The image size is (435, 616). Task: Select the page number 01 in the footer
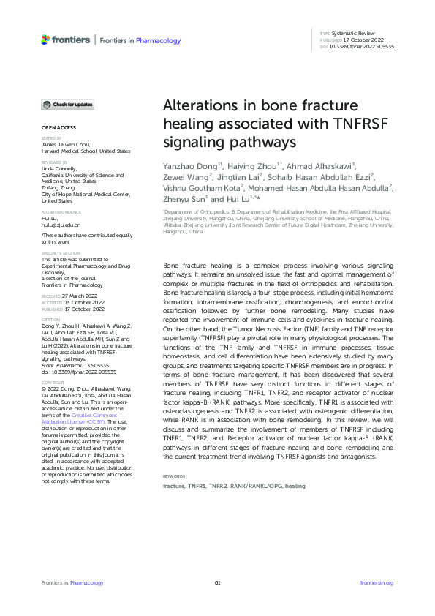[217, 582]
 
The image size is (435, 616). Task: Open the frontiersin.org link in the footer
[377, 582]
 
